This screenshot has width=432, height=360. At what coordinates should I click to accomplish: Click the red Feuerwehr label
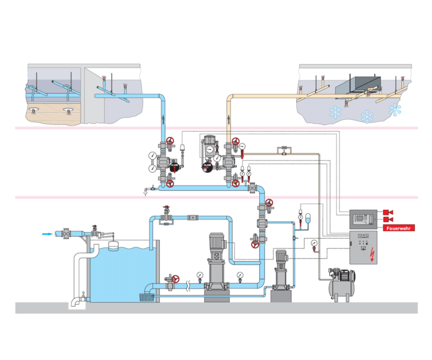[x=399, y=228]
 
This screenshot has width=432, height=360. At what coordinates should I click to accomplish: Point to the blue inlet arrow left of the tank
[x=48, y=232]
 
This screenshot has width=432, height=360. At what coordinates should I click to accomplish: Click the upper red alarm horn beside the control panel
[x=388, y=213]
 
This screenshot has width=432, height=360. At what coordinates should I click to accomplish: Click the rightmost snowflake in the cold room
[x=396, y=110]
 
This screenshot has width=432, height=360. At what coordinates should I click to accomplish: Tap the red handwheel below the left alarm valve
[x=169, y=183]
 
